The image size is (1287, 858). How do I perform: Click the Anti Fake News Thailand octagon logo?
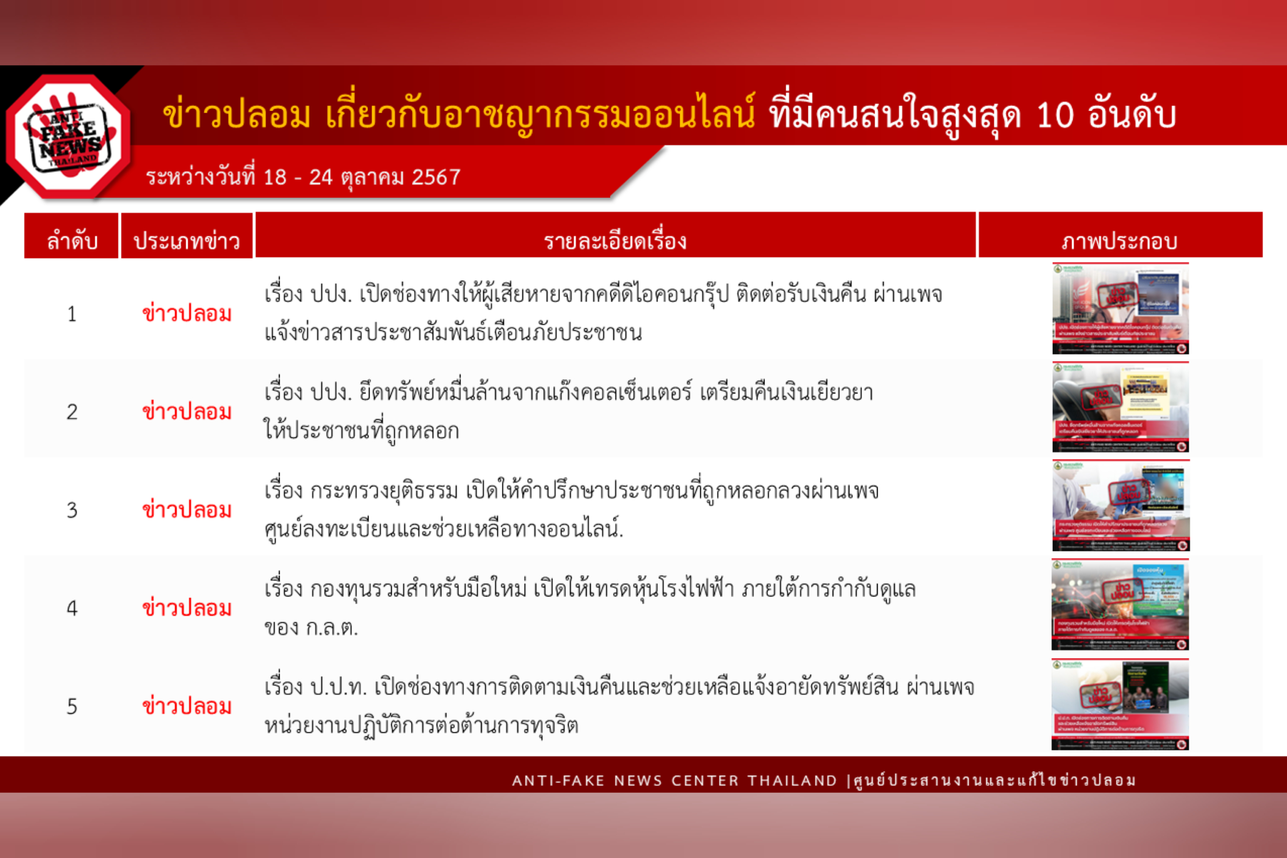pyautogui.click(x=69, y=137)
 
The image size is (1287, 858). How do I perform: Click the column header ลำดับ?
pyautogui.click(x=72, y=241)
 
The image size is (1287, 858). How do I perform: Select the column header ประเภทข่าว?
pyautogui.click(x=187, y=241)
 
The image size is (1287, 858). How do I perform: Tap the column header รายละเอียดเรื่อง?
pyautogui.click(x=615, y=241)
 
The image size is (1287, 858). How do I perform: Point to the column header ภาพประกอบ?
pyautogui.click(x=1120, y=241)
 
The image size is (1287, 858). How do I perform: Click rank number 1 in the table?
pyautogui.click(x=72, y=314)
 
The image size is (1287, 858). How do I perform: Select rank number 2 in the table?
pyautogui.click(x=72, y=412)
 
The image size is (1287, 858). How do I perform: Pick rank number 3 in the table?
pyautogui.click(x=72, y=511)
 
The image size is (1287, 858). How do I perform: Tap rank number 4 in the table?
pyautogui.click(x=72, y=608)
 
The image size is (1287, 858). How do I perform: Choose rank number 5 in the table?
pyautogui.click(x=72, y=707)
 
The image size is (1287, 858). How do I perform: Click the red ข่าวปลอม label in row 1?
pyautogui.click(x=187, y=314)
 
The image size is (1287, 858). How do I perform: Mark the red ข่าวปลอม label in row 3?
pyautogui.click(x=187, y=511)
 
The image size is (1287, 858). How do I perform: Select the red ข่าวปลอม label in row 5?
pyautogui.click(x=187, y=707)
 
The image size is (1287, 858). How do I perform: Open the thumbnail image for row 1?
pyautogui.click(x=1120, y=309)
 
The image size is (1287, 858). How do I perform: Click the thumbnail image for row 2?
pyautogui.click(x=1120, y=407)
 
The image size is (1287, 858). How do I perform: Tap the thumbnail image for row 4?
pyautogui.click(x=1120, y=605)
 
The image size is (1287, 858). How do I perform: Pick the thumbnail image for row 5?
pyautogui.click(x=1120, y=704)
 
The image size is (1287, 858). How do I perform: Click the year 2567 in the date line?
pyautogui.click(x=436, y=177)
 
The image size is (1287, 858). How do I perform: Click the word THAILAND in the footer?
pyautogui.click(x=792, y=781)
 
